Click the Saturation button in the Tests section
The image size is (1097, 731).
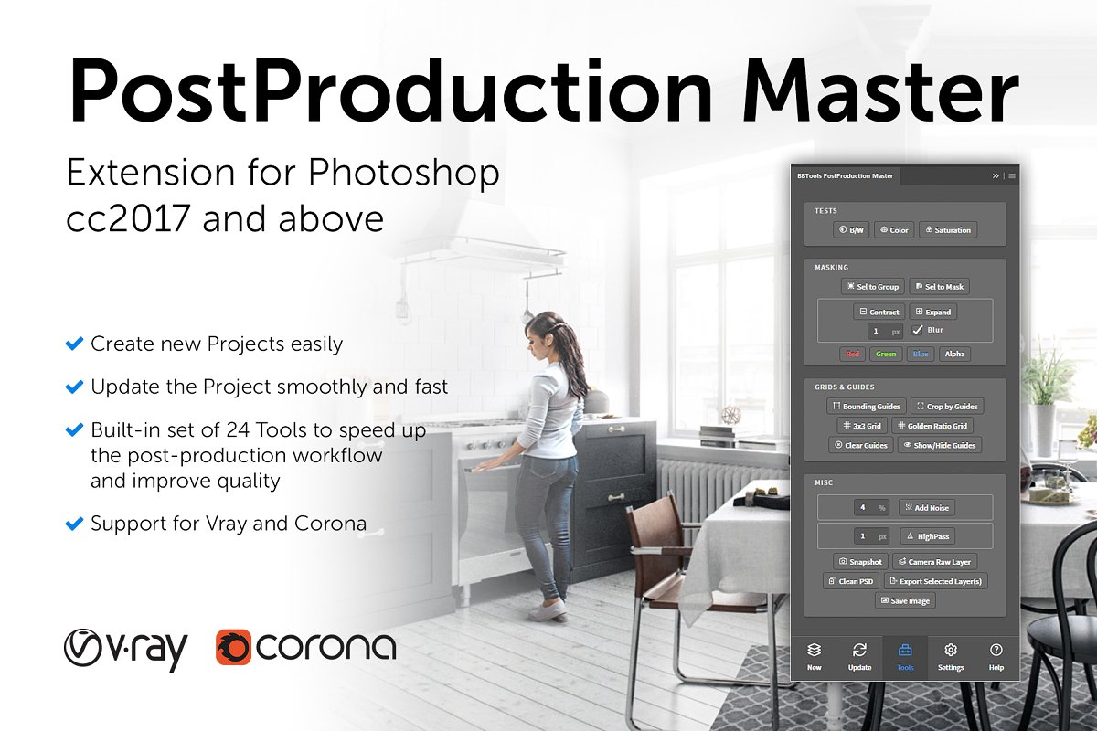(948, 230)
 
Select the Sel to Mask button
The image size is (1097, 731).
(940, 287)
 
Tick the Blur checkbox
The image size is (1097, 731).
(917, 330)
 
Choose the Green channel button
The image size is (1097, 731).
(886, 354)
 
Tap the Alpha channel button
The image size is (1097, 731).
(954, 354)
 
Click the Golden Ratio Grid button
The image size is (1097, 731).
(932, 426)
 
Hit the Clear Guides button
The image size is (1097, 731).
(860, 446)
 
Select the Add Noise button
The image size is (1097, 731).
(927, 508)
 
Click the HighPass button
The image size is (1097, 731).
(928, 536)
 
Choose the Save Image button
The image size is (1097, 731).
(905, 600)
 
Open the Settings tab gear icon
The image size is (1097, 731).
(951, 650)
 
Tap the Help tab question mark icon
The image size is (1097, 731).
(996, 650)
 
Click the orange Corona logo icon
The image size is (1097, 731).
(234, 647)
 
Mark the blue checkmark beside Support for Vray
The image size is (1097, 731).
(74, 524)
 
